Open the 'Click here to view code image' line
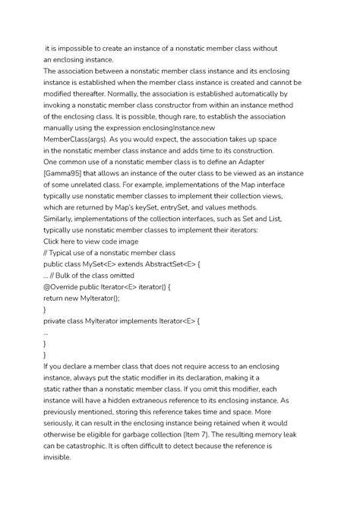point(91,241)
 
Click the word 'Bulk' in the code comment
point(70,276)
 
